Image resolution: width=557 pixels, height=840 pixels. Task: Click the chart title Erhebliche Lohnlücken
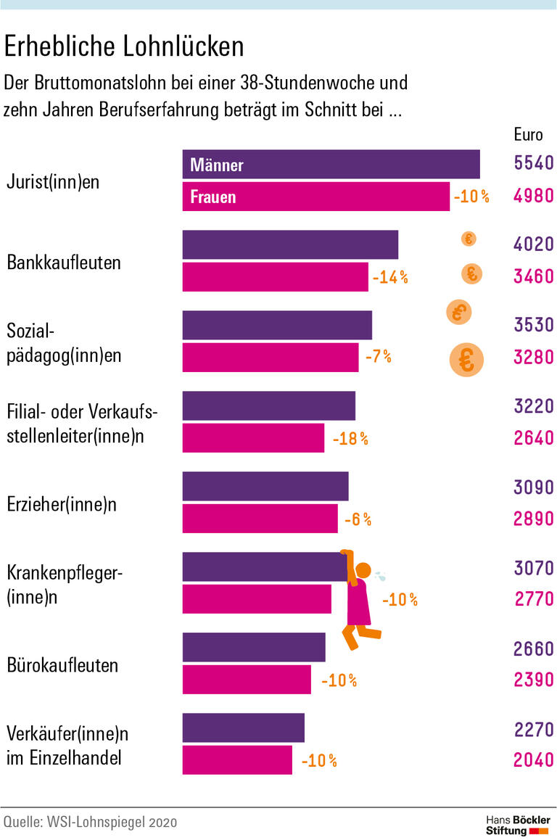pos(124,46)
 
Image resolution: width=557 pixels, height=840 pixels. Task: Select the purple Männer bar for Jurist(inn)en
pos(331,164)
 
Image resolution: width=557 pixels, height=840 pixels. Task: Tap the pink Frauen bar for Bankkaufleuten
pos(275,276)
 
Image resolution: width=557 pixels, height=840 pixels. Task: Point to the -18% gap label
pos(350,439)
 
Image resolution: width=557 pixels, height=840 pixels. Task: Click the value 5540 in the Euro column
pos(533,163)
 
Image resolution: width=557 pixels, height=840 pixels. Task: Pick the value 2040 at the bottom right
pos(533,760)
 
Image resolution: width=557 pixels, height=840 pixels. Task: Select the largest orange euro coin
pos(466,360)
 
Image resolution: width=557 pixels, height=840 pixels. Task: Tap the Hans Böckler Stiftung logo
pos(516,825)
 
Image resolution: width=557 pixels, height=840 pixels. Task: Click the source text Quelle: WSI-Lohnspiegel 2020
pos(91,822)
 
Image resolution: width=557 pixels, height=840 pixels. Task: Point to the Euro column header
pos(528,134)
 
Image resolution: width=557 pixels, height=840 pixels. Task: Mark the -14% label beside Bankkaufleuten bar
pos(390,277)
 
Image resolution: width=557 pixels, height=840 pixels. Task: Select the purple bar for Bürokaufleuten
pos(254,647)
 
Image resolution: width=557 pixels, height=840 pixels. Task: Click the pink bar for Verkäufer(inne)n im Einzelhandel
pos(237,759)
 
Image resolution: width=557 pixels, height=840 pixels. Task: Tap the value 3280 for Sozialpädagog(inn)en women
pos(533,357)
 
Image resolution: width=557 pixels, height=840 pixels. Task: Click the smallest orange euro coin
pos(469,239)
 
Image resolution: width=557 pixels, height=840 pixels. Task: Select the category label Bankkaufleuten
pos(64,262)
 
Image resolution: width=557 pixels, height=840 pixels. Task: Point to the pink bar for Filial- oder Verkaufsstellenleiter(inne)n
pos(253,437)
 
